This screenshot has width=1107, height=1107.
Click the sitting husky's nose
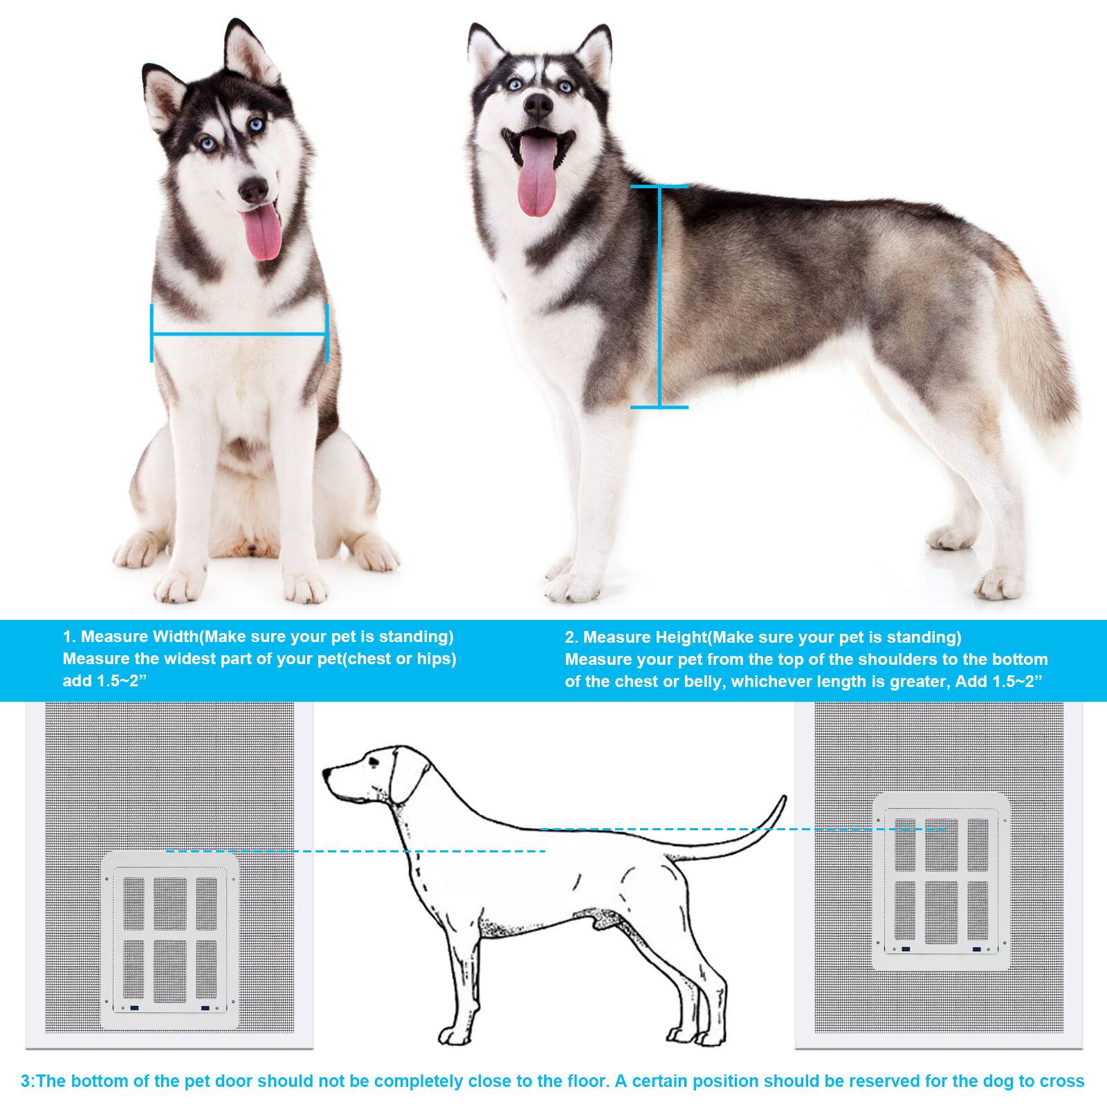pos(253,187)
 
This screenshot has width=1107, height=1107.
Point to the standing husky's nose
pos(538,104)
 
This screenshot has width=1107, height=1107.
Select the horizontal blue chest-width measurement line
pos(239,335)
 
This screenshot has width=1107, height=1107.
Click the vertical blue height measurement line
pos(659,298)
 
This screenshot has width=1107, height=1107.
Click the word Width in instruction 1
pos(175,637)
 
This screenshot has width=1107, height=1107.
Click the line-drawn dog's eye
pos(374,762)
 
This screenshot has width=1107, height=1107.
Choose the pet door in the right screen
pos(941,882)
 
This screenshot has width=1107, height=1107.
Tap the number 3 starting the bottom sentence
pos(26,1081)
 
